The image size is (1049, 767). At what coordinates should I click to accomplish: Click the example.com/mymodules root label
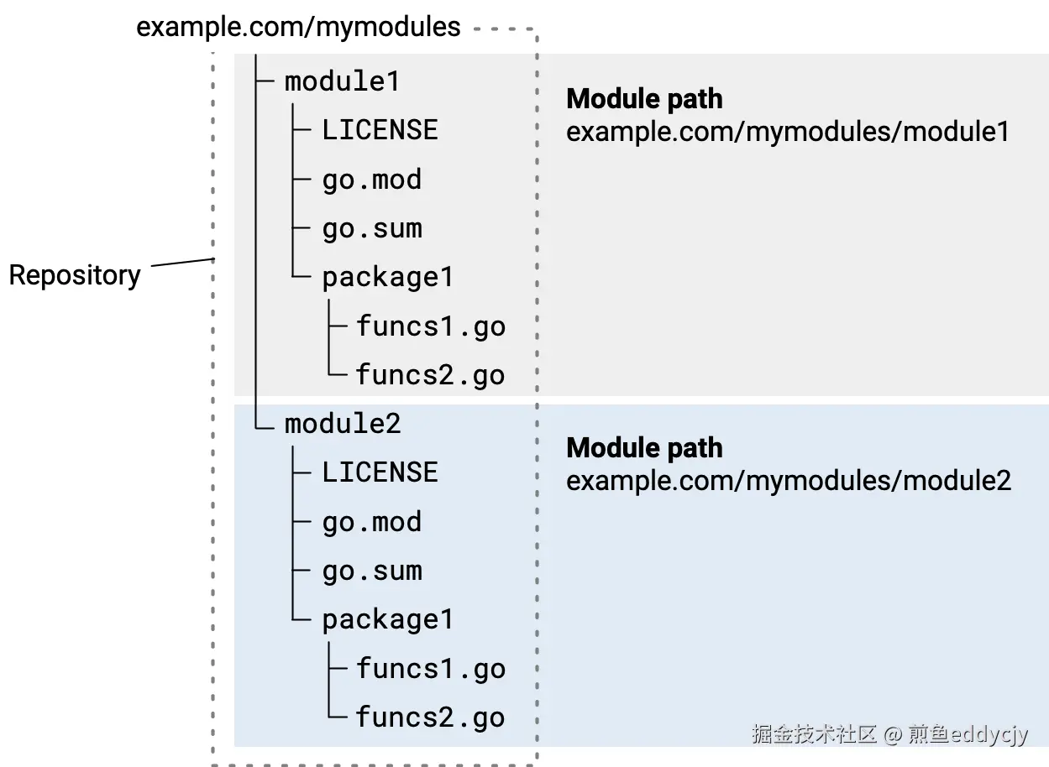[298, 27]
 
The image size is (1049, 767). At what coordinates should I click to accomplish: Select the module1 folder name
[342, 81]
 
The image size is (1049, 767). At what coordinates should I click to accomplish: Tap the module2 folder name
[343, 424]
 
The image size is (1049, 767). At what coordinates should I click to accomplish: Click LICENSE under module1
[380, 130]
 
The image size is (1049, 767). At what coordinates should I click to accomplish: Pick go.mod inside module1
[371, 180]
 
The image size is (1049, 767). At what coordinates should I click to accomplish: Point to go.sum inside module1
[371, 228]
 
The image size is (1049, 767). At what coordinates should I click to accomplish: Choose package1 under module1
[387, 278]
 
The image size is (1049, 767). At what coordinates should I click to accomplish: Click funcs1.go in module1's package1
[430, 326]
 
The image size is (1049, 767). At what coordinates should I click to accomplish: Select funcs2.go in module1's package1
[430, 374]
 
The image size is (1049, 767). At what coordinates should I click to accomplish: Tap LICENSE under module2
[380, 472]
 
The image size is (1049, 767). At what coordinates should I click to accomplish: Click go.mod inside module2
[371, 522]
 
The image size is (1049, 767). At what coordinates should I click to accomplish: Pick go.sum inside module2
[371, 571]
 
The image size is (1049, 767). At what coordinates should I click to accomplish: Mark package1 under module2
[387, 620]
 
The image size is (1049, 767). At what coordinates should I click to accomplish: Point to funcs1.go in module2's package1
[430, 669]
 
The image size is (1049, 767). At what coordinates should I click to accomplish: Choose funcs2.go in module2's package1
[430, 717]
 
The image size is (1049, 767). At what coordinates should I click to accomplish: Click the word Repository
[75, 275]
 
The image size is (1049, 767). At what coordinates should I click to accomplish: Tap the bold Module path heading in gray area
[644, 99]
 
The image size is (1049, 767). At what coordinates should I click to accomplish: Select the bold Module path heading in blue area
[644, 448]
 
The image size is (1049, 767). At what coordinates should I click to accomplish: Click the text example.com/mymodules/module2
[788, 481]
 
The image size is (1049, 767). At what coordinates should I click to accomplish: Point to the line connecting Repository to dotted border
[182, 263]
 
